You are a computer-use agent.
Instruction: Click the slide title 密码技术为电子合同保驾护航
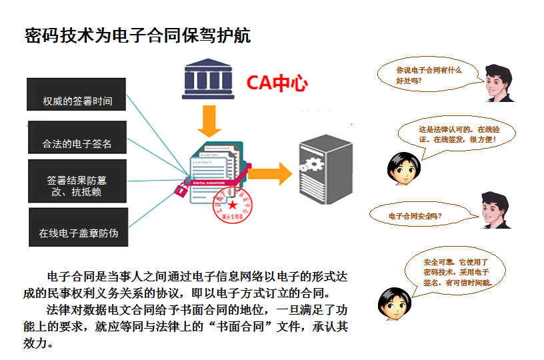(137, 35)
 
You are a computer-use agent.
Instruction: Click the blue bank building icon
(208, 81)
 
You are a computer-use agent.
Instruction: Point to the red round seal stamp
(231, 204)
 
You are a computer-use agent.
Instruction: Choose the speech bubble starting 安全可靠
(455, 273)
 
